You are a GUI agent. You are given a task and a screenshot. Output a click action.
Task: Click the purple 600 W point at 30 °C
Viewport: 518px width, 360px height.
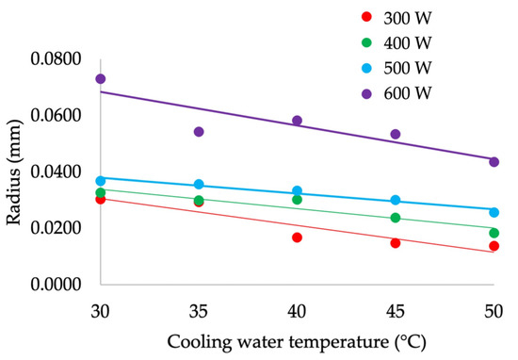coord(101,79)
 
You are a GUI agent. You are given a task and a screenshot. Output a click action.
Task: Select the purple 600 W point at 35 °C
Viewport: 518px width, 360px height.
coord(199,132)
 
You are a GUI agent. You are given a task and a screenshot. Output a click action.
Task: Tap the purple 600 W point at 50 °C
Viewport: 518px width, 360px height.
coord(494,162)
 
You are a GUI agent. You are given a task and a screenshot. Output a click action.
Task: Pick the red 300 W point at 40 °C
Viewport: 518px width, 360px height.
coord(297,237)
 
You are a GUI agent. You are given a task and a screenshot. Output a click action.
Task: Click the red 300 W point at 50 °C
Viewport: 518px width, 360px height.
coord(494,246)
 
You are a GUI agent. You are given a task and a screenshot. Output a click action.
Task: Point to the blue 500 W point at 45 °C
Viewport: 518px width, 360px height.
coord(396,200)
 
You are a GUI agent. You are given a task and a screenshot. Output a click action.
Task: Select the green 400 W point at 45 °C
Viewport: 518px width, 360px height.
coord(396,218)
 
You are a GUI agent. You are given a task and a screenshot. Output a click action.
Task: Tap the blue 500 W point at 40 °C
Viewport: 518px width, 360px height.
coord(297,191)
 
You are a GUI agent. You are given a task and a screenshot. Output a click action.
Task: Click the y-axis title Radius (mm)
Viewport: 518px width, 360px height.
coord(16,172)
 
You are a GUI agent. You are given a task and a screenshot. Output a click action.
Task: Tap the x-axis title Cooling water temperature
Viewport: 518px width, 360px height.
coord(297,342)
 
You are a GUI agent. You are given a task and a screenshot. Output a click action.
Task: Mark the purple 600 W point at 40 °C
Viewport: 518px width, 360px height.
coord(297,121)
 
